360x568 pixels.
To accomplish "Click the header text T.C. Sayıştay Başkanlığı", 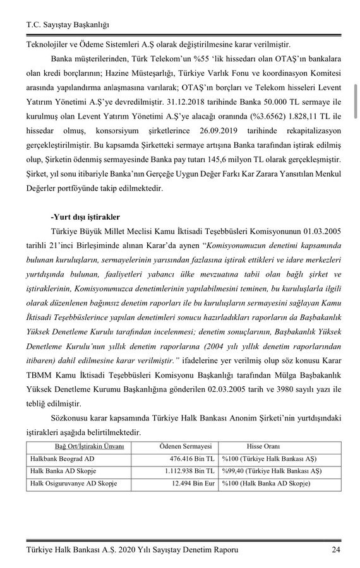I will pos(68,25).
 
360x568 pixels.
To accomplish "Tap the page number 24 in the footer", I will pos(336,550).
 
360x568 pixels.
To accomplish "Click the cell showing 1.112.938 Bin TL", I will pos(183,471).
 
